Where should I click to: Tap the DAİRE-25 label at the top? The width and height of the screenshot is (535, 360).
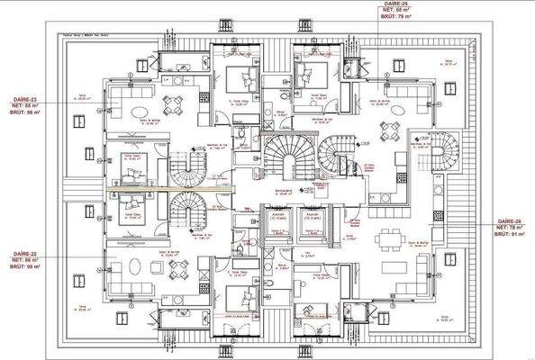click(x=372, y=4)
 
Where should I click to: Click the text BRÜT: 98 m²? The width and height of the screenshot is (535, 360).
click(x=27, y=267)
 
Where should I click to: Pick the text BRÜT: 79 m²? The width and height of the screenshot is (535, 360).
click(x=372, y=18)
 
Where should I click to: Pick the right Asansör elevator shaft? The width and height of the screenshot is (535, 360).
click(x=311, y=223)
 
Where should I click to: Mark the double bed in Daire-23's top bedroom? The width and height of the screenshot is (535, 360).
click(x=240, y=76)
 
